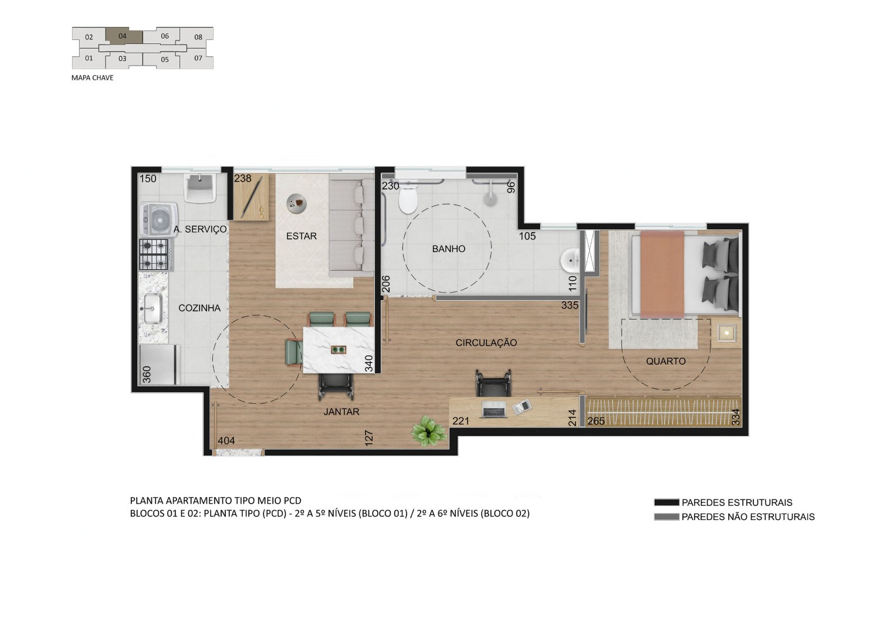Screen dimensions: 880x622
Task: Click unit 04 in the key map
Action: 124,36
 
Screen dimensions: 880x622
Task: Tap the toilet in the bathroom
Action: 408,198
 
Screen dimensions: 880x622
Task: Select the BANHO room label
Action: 449,249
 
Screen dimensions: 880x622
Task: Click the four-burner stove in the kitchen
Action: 154,254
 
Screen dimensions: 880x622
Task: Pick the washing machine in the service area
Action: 159,219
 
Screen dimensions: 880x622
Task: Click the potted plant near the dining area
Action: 428,431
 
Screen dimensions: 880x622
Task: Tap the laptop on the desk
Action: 493,410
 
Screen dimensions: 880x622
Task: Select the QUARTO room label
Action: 666,361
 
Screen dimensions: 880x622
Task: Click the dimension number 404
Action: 226,441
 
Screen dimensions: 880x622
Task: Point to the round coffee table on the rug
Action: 297,203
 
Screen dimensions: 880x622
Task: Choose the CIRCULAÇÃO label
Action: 486,343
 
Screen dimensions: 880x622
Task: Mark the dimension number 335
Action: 570,305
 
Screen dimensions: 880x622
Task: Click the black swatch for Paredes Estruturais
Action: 666,502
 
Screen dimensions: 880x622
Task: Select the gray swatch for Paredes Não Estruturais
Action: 666,516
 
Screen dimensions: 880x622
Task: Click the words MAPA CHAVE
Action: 92,78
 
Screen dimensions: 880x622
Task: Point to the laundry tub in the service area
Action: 200,188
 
